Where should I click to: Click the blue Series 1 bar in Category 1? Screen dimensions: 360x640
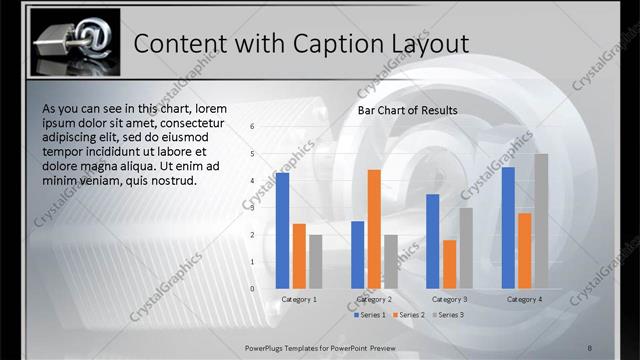[x=283, y=231]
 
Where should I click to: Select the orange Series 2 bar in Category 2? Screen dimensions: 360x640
[x=374, y=229]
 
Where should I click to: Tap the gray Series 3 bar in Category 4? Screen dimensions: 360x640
[x=540, y=221]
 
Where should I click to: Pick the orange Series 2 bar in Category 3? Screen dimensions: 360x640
[x=449, y=264]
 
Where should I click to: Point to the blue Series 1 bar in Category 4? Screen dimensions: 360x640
[x=508, y=228]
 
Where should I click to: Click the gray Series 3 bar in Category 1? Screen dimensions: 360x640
[x=315, y=262]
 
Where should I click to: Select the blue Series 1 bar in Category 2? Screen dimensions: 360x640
[x=358, y=255]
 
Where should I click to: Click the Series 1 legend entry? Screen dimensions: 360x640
[x=371, y=315]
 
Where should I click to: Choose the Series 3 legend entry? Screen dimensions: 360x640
[x=449, y=315]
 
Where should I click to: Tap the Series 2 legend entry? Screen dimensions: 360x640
[x=410, y=315]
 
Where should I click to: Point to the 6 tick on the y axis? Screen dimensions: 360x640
[x=252, y=127]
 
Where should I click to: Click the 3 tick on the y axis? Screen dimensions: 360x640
[x=252, y=208]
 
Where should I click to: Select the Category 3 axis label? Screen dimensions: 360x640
[x=449, y=299]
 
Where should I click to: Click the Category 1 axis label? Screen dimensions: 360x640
[x=299, y=299]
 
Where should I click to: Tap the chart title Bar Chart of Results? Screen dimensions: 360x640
[x=408, y=110]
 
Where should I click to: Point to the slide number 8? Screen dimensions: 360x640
[x=590, y=346]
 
